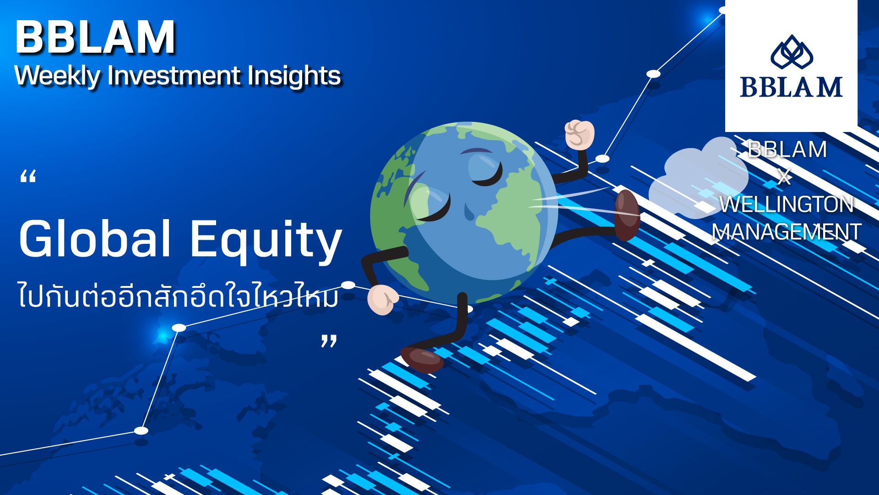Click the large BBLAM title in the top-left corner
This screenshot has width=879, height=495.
95,37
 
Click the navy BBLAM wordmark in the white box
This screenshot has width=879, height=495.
792,87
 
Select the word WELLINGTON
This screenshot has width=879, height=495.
787,204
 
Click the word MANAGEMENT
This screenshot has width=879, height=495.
787,231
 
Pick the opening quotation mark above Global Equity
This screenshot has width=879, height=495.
28,176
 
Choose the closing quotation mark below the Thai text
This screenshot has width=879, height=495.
329,341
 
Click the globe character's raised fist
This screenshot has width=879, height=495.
579,134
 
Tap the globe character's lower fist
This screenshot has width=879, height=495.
382,300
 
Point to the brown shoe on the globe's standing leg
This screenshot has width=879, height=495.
422,359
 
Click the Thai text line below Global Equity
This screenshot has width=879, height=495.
179,295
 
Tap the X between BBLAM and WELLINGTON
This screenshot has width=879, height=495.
784,177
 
